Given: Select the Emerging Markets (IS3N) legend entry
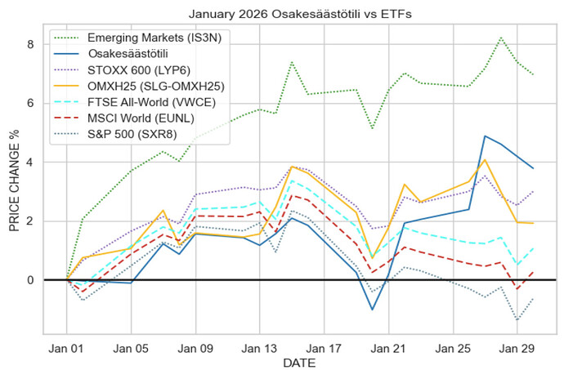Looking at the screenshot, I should [x=152, y=38].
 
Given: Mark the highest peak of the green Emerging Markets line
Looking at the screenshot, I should [x=501, y=38].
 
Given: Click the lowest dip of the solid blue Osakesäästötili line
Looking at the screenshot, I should [x=373, y=310].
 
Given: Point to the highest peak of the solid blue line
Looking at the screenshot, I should [x=486, y=136].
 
